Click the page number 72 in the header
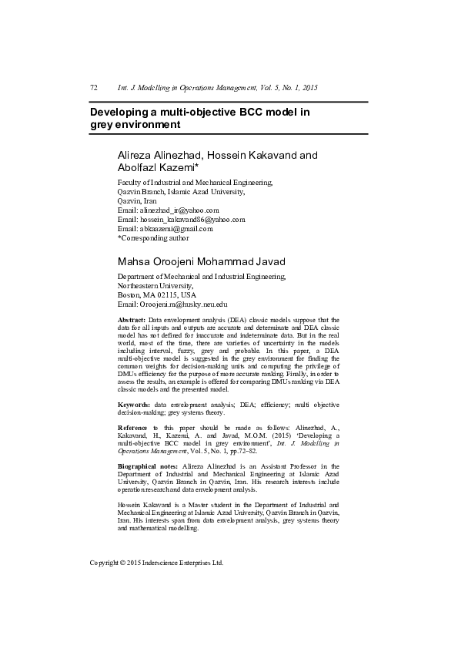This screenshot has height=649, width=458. coord(94,89)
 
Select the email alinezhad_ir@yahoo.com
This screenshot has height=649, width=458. coord(179,210)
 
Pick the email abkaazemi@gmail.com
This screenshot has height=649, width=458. coord(176,229)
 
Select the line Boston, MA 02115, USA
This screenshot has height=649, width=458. coord(156,294)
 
